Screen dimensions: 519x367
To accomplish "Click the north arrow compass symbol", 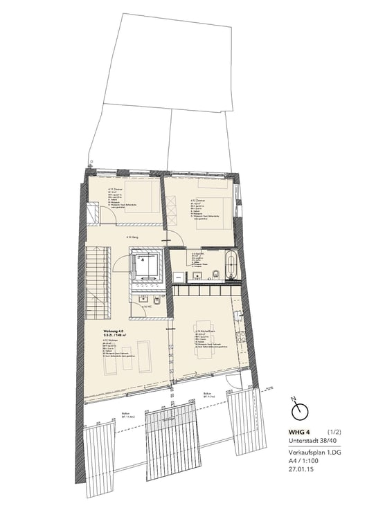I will click(299, 412).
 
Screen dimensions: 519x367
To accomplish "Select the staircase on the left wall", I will click(98, 284).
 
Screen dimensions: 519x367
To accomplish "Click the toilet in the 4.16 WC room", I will click(158, 303).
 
